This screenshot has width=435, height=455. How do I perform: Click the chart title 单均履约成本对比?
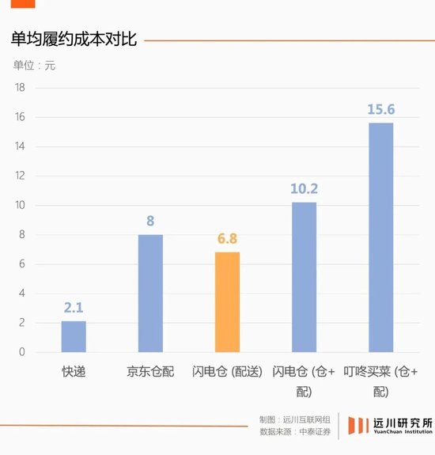74,40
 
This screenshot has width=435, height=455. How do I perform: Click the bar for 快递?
74,336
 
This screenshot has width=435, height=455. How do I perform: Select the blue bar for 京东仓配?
150,293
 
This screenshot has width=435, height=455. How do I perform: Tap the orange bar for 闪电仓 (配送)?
227,301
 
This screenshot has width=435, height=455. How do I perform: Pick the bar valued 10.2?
304,277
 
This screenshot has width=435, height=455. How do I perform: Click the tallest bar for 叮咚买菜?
380,237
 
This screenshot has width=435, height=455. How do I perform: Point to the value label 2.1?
74,308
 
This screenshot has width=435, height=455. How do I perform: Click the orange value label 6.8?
227,239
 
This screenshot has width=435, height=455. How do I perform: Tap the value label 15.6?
380,109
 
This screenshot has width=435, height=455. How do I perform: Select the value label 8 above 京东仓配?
150,222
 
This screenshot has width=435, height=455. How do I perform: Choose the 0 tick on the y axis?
22,352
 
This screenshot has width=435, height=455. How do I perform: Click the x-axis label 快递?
74,370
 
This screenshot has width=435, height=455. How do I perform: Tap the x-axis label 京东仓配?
150,370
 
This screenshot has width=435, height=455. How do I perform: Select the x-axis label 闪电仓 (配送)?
227,370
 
